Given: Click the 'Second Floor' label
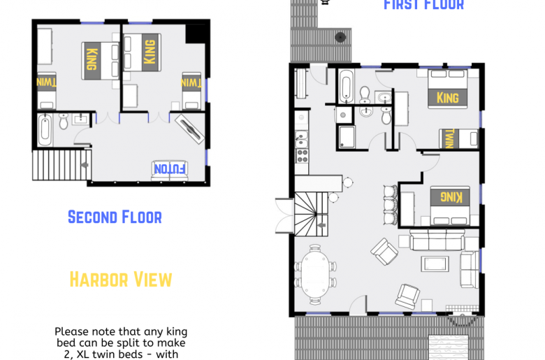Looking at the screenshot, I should pos(115,217).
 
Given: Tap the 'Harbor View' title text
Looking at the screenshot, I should pos(121,280).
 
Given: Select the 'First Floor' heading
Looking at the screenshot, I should pos(423,5).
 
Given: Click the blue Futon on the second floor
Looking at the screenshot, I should pos(170,168).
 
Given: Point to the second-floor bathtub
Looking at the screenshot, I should pos(45,130).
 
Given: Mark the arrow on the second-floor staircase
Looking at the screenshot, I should pos(85,164).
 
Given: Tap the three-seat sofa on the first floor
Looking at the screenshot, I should pos(437,241).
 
